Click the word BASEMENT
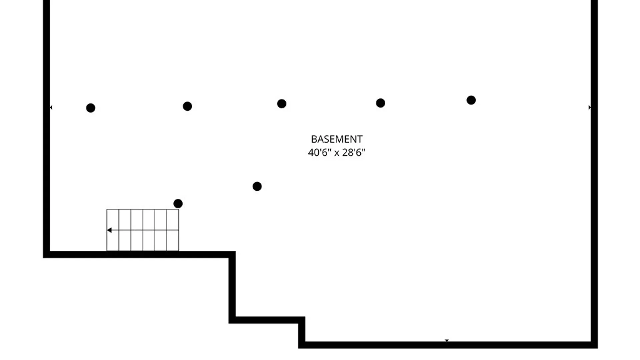[x=337, y=139]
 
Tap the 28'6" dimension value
[x=354, y=152]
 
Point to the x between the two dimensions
[x=337, y=153]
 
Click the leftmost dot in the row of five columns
[x=91, y=108]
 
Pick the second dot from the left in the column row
[x=187, y=106]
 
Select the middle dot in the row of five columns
[x=282, y=104]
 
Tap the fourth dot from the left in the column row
[x=380, y=103]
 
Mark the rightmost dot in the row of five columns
[x=471, y=100]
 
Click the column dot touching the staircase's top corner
[x=178, y=203]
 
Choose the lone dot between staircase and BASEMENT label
[x=257, y=186]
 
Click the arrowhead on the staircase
[x=109, y=230]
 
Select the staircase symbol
[x=143, y=230]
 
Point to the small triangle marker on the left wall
[x=51, y=107]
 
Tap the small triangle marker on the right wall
[x=590, y=107]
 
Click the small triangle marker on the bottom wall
[x=447, y=340]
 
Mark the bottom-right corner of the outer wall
[x=598, y=348]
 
